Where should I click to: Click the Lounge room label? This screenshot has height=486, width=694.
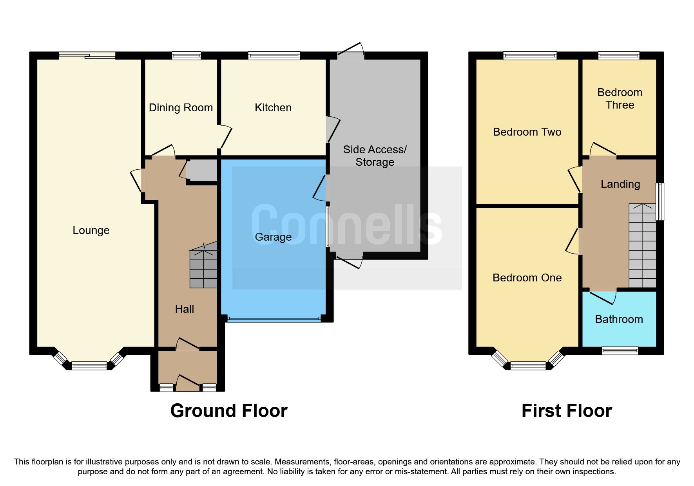click(x=91, y=230)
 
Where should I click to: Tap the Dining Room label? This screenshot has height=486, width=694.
click(x=181, y=108)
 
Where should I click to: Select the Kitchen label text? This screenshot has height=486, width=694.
click(x=273, y=108)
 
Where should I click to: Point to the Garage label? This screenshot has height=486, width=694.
click(x=273, y=237)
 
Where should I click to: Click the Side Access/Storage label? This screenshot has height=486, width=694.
click(x=375, y=156)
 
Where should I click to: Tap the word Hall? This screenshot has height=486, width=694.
click(x=184, y=309)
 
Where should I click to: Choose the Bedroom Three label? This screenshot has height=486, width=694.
click(x=620, y=99)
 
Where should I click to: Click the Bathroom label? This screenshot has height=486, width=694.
click(x=619, y=319)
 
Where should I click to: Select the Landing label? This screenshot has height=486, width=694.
click(x=620, y=184)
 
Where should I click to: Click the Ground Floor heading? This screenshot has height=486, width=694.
click(x=229, y=411)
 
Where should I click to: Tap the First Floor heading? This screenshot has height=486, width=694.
click(x=566, y=411)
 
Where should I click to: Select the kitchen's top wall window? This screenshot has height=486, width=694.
click(x=274, y=56)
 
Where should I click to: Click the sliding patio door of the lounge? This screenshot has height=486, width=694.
click(x=87, y=56)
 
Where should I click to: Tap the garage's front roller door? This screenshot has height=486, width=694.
click(x=274, y=319)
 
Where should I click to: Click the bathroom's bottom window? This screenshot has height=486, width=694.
click(x=620, y=350)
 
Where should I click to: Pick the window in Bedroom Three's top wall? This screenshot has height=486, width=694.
click(x=619, y=56)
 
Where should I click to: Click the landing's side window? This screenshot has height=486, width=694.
click(x=660, y=201)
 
